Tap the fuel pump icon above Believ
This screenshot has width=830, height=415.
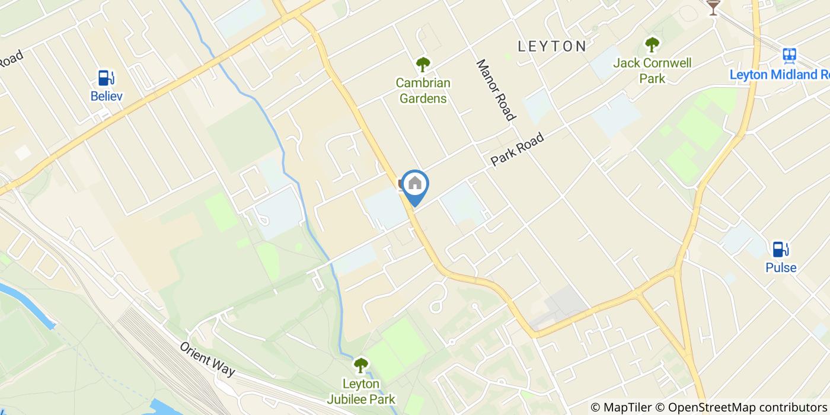(106, 78)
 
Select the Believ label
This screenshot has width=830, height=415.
(107, 96)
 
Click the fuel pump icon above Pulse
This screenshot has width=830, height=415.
(780, 250)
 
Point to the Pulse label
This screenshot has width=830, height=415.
(781, 267)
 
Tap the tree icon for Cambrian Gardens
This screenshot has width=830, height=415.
(423, 64)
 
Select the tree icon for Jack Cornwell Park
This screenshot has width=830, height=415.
(652, 44)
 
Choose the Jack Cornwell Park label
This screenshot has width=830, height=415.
(652, 71)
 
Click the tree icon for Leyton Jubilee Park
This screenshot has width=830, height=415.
(360, 365)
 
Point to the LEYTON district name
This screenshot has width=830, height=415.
(552, 46)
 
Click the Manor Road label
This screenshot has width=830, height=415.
(494, 90)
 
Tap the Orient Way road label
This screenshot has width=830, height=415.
(207, 359)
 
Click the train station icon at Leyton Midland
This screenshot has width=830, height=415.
(789, 56)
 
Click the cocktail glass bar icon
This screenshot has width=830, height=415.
(713, 7)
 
